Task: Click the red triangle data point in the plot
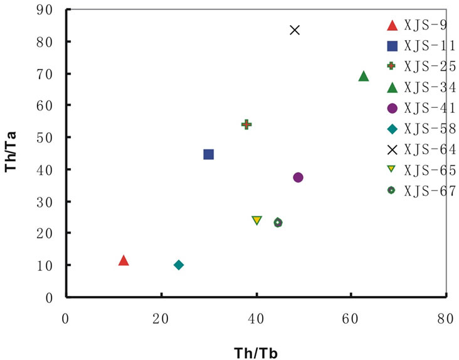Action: click(x=124, y=260)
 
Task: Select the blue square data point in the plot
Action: click(x=209, y=154)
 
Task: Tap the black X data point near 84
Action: click(x=295, y=30)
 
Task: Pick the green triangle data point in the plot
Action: click(x=364, y=77)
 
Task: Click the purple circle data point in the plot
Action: click(x=298, y=177)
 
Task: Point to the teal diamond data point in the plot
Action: click(x=179, y=265)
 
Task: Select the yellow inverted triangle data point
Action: click(x=256, y=220)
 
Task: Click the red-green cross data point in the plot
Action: click(x=246, y=124)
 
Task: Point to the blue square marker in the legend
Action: click(x=393, y=46)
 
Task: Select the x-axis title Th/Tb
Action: click(x=256, y=352)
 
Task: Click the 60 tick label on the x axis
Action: click(x=351, y=319)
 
